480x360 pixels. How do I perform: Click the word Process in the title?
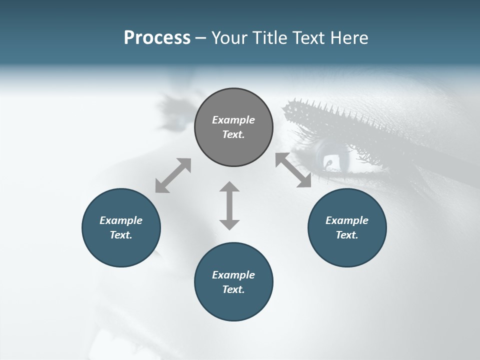157,38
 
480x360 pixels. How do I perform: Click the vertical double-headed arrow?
229,205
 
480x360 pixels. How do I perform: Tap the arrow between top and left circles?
173,175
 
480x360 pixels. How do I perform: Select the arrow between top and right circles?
293,170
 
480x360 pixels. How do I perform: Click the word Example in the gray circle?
233,120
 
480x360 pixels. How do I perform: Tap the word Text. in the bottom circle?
233,289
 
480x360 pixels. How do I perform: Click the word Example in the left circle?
121,220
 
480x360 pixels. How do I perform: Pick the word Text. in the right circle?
347,235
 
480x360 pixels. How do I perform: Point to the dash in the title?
201,38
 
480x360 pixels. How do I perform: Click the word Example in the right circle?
347,220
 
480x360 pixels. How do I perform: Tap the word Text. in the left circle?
121,235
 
